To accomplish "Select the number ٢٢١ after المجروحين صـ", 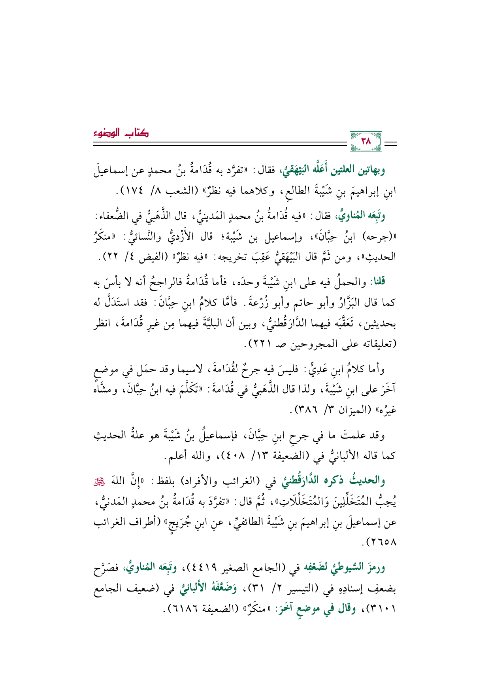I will [x=264, y=344].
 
